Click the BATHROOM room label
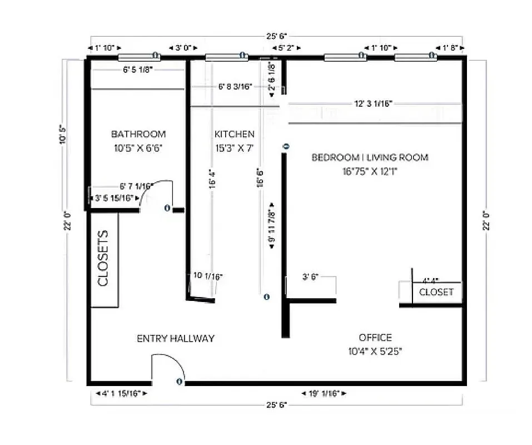[138, 134]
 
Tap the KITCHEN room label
[234, 134]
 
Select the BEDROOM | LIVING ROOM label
[370, 157]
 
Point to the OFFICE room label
[375, 338]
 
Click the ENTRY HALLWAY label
[175, 338]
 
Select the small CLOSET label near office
[436, 292]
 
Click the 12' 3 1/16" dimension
[373, 103]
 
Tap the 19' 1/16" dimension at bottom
[324, 394]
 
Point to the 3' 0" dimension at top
[183, 48]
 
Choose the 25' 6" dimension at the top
[277, 36]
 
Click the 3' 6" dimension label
[311, 276]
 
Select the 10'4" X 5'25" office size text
[375, 351]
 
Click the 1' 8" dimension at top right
[450, 48]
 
